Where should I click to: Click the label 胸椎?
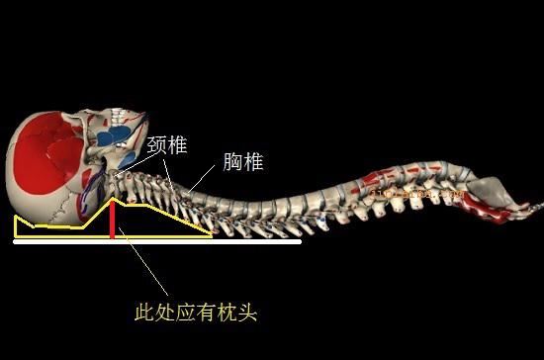coord(241,162)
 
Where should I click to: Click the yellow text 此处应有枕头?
coord(195,313)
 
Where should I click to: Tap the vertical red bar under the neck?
coord(112,219)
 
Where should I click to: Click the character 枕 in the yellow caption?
coord(227,313)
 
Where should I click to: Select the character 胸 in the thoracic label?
coord(229,162)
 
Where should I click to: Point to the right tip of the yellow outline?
coord(212,235)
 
